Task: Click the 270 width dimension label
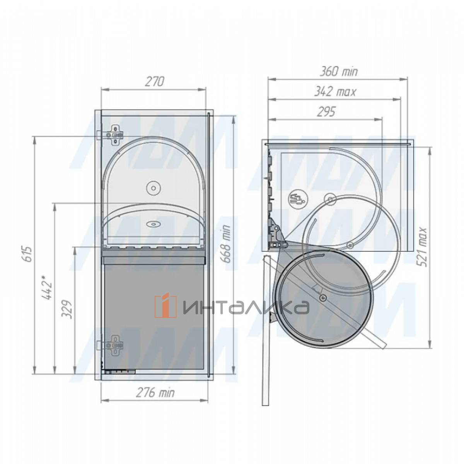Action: [x=154, y=82]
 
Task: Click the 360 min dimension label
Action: [x=339, y=72]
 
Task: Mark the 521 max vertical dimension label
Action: [x=422, y=247]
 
